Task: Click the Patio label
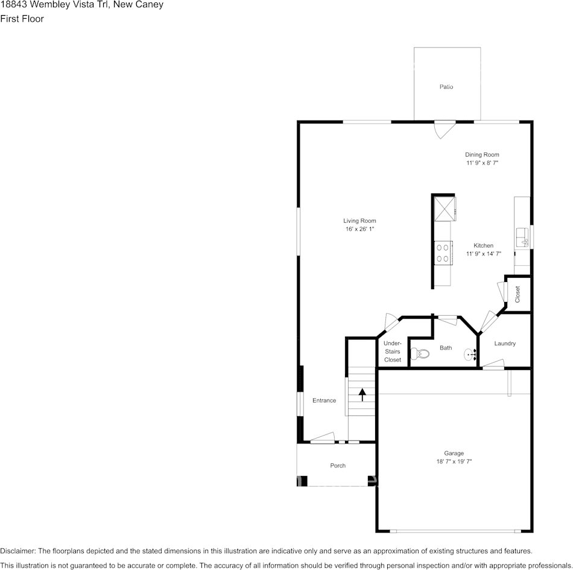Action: pos(446,87)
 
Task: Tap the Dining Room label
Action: pos(481,155)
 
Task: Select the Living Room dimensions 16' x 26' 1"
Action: pos(359,230)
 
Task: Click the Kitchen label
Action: pos(483,245)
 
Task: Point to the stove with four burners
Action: pos(443,252)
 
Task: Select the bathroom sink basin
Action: pos(470,354)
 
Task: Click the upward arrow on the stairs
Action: pos(362,395)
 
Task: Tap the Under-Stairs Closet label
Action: pos(392,351)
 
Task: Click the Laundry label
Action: pos(505,343)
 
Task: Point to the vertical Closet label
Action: pos(518,294)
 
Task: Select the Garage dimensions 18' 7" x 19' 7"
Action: pos(454,462)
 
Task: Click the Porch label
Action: pos(338,465)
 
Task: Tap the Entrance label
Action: pos(324,401)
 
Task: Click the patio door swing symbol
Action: pos(444,128)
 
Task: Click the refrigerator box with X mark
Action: pos(444,208)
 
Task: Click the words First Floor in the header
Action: pos(22,19)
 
